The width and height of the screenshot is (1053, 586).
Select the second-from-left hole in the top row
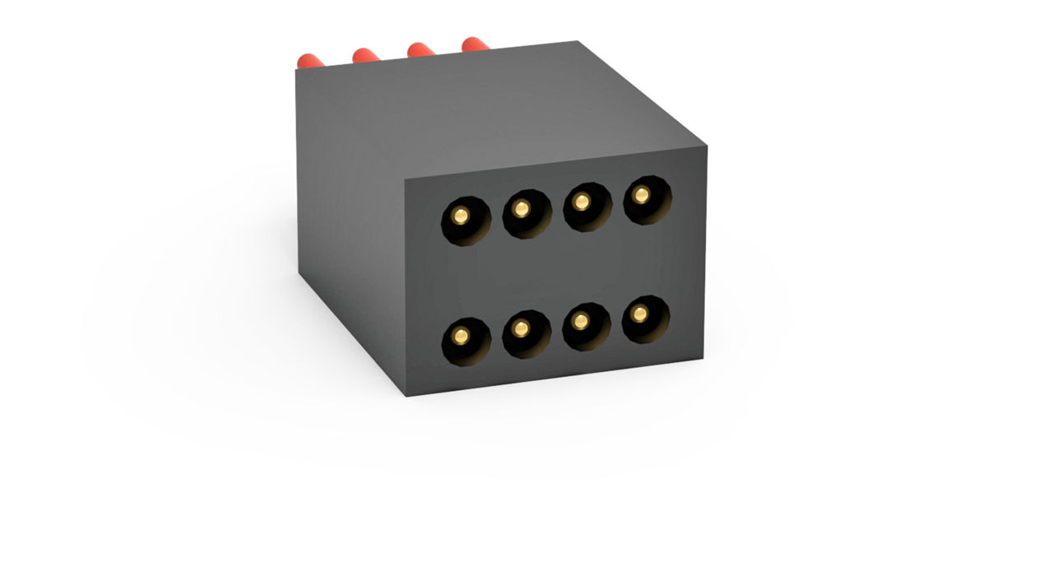coord(526,212)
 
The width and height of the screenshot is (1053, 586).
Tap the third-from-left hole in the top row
coord(587,205)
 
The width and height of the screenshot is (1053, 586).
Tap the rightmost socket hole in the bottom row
coord(645,319)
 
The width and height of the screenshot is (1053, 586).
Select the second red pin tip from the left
coord(364,54)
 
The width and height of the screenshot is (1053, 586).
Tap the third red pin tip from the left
coord(420,49)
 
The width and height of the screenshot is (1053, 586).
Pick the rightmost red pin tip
coord(474,43)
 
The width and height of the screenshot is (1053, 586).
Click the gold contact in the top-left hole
coord(461,216)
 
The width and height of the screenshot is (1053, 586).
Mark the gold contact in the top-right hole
coord(642,194)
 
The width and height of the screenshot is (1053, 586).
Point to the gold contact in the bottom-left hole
coord(461,336)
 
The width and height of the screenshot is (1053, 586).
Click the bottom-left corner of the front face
coord(406,396)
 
